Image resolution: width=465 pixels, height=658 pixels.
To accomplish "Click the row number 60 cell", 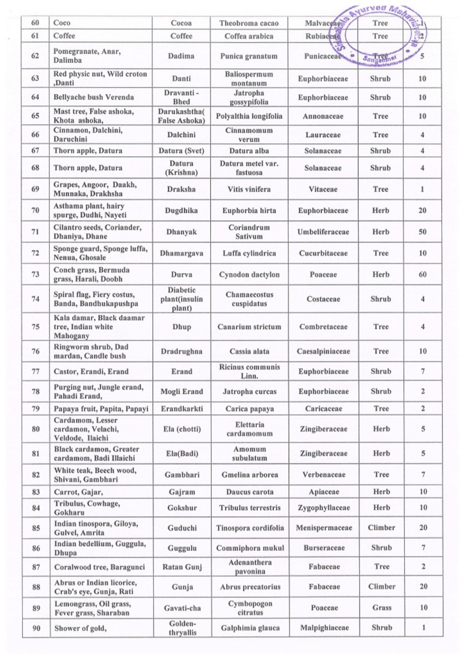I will coord(35,23).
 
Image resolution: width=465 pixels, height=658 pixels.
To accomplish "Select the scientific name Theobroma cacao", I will coord(249,23).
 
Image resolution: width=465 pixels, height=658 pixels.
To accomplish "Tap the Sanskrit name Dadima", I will coord(181,56).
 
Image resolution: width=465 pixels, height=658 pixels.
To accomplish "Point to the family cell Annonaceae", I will coord(323,116).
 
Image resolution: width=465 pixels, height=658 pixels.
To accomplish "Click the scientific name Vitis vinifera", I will coord(249,189).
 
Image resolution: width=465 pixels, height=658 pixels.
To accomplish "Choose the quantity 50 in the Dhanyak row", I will coord(422,232).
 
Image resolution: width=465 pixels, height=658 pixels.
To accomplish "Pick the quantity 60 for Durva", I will coord(423,274).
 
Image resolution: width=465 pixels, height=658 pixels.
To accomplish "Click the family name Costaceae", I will coord(323,299).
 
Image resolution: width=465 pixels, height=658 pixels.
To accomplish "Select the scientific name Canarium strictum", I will coord(249,327).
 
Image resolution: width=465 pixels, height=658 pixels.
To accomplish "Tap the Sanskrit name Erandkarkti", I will coord(182,409).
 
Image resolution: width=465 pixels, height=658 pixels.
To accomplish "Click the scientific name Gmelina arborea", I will coord(250,475).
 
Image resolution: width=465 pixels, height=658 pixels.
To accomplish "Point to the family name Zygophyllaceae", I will coord(324,508).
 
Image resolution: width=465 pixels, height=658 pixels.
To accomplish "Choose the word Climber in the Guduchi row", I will coord(381,528).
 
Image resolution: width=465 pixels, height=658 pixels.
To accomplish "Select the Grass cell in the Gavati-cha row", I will coord(382,608).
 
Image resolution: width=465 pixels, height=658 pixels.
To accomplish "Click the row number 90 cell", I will coord(36,628).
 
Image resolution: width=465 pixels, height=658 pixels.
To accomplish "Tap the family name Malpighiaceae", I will coord(324,628).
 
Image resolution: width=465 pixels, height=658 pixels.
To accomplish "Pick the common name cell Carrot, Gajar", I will coord(78,492).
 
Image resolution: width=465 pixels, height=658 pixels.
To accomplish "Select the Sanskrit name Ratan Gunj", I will coord(182,567).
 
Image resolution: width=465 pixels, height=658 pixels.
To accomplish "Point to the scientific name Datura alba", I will coord(249,151).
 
